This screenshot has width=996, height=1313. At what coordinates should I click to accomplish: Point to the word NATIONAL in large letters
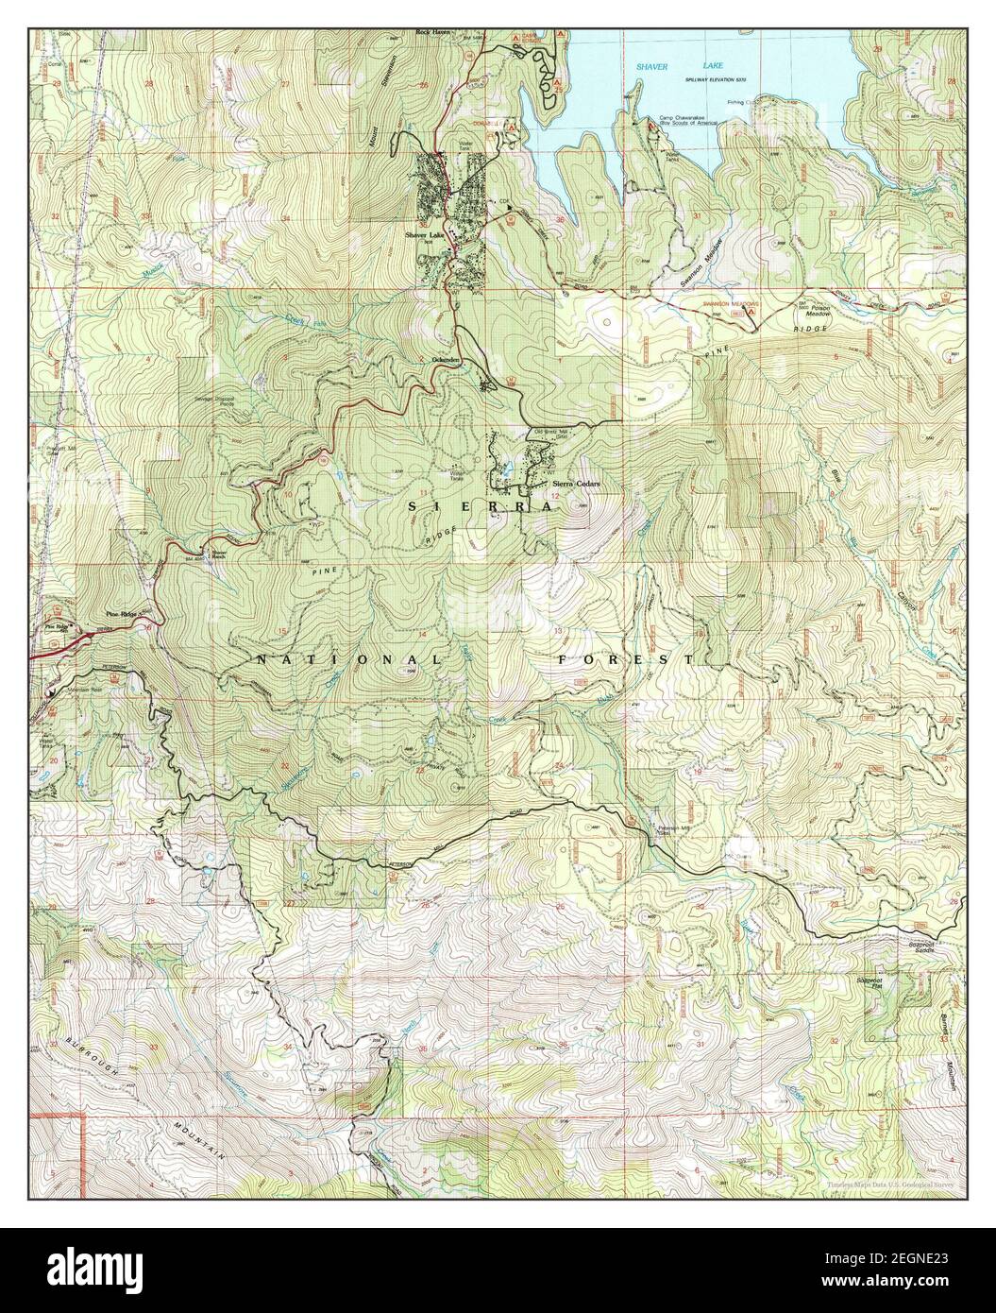pos(348,659)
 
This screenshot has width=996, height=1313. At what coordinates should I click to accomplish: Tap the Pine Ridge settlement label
pos(123,615)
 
